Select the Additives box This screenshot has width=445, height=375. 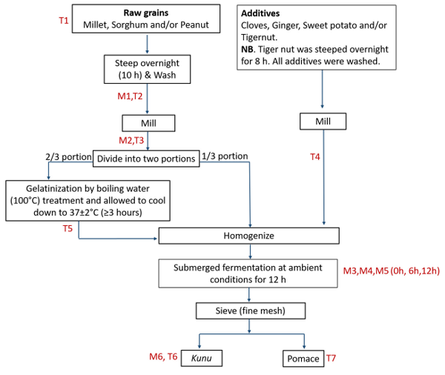pos(322,37)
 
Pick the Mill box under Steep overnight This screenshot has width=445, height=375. pos(148,121)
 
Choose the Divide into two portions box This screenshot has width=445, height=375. pos(145,158)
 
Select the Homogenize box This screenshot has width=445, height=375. pos(249,236)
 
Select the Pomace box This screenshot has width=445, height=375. pos(303,359)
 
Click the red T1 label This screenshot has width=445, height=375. pos(64,21)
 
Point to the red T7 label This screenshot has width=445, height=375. pos(334,358)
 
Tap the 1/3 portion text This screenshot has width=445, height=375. pos(225,156)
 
